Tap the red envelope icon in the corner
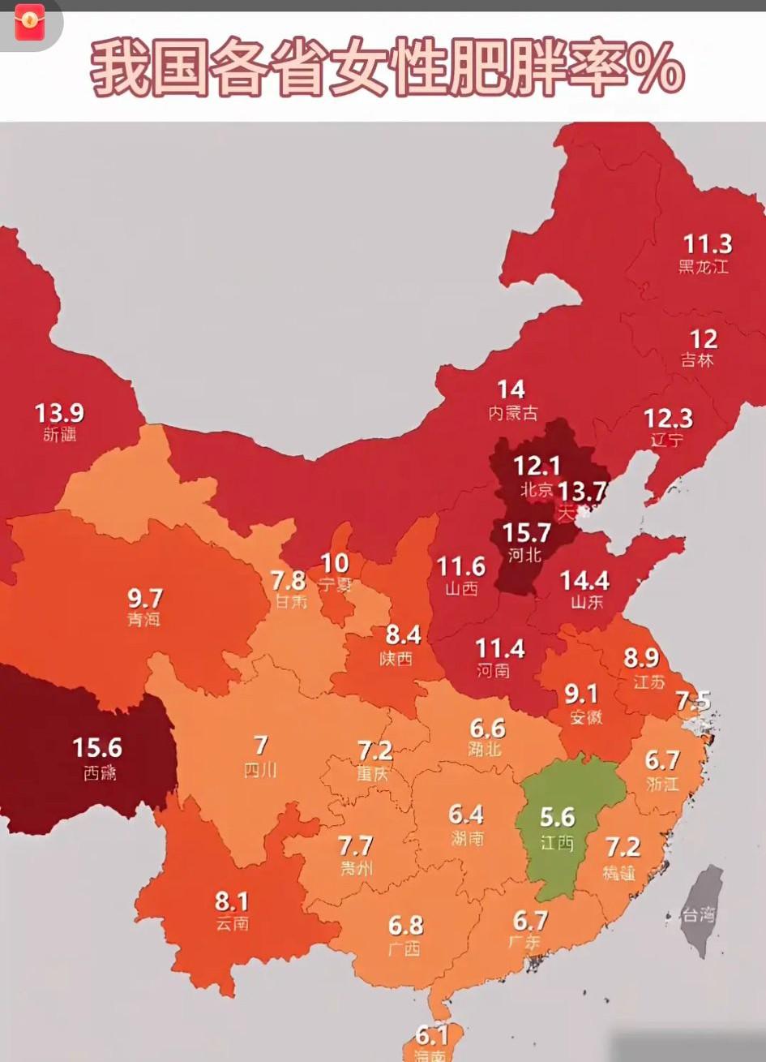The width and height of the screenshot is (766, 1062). [30, 22]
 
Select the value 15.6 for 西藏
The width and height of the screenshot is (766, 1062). [97, 747]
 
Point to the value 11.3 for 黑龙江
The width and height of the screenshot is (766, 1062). [707, 244]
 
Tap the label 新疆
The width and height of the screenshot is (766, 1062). [60, 435]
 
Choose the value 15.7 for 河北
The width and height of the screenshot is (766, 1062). [526, 533]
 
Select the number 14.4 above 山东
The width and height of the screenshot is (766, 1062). [584, 581]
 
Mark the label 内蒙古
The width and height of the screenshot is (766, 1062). [512, 413]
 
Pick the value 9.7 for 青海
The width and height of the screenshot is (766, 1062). [145, 599]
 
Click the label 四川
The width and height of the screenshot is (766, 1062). [260, 769]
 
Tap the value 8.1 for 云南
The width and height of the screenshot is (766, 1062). [232, 901]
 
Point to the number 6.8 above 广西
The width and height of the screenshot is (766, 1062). [405, 925]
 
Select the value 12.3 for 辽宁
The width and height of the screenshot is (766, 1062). [668, 419]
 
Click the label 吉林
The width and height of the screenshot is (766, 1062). [697, 360]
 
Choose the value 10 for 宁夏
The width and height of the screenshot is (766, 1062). [335, 562]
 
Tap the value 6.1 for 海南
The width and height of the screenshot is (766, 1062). [432, 1035]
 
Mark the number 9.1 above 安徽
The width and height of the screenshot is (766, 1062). [581, 694]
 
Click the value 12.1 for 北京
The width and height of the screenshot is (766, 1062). [537, 466]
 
